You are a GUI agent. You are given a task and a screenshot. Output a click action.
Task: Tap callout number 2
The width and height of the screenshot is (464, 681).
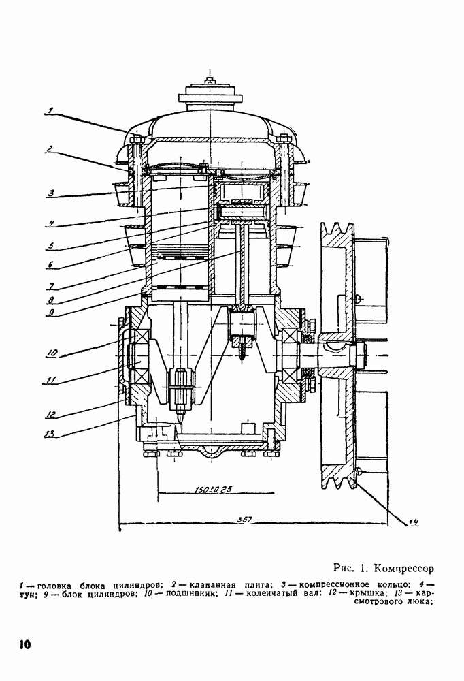[50, 148]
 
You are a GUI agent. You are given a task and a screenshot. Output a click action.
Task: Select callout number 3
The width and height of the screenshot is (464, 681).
[50, 193]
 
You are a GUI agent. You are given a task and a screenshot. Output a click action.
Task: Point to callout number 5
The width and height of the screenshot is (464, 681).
[51, 244]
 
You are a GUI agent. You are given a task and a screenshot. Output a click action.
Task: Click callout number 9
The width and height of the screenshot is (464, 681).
[51, 313]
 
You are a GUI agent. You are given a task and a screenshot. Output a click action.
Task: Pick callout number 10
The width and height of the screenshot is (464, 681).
[52, 353]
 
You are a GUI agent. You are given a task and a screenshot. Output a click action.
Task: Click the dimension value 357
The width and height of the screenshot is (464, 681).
[245, 520]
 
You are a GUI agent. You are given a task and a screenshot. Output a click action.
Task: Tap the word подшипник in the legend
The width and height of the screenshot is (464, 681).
[183, 594]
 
